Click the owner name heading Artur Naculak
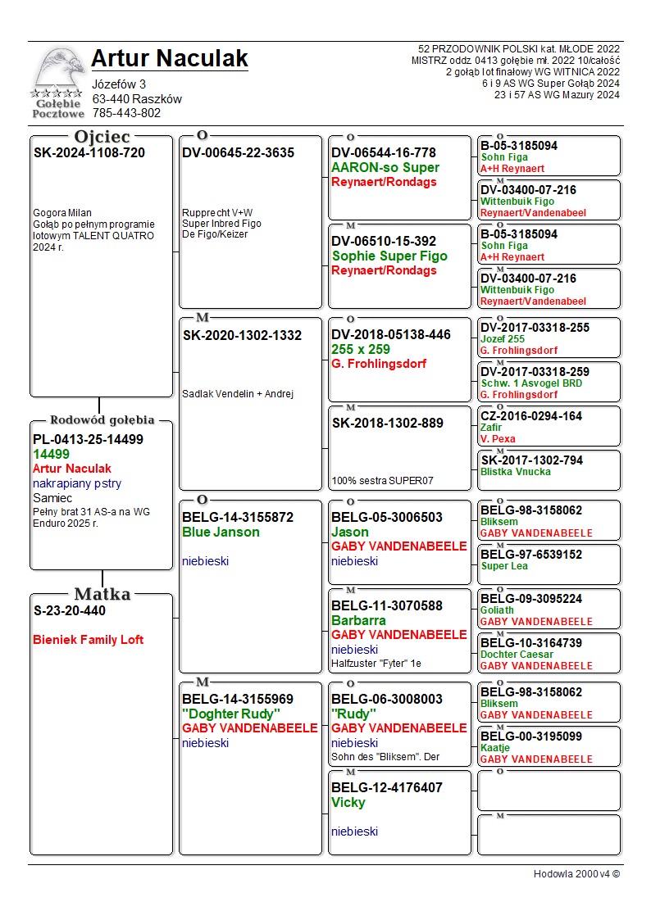pyautogui.click(x=169, y=58)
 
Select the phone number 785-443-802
pyautogui.click(x=126, y=113)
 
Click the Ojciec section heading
pyautogui.click(x=102, y=136)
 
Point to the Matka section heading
pyautogui.click(x=102, y=594)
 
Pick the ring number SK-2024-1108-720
pyautogui.click(x=89, y=152)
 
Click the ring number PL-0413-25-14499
pyautogui.click(x=88, y=439)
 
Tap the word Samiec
pyautogui.click(x=52, y=498)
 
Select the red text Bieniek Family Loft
pyautogui.click(x=89, y=640)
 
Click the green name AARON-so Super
pyautogui.click(x=385, y=167)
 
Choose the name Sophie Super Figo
pyautogui.click(x=389, y=256)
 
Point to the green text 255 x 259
pyautogui.click(x=361, y=349)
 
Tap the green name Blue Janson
pyautogui.click(x=221, y=532)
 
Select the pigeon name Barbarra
pyautogui.click(x=358, y=620)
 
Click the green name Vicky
pyautogui.click(x=348, y=802)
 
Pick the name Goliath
pyautogui.click(x=497, y=610)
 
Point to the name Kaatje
pyautogui.click(x=495, y=747)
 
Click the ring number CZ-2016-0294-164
pyautogui.click(x=531, y=416)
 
